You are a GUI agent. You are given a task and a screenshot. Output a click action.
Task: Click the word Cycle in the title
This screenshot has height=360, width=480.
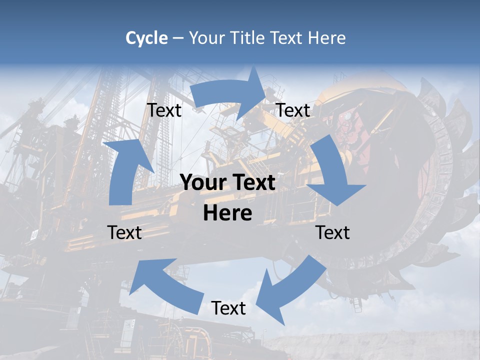coord(146,38)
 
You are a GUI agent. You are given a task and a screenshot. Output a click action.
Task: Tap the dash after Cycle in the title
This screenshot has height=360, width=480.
coord(178,38)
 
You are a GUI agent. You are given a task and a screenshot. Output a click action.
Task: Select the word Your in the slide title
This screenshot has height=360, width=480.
coord(205,38)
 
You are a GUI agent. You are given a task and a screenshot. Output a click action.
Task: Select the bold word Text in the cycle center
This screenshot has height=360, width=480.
coord(253,182)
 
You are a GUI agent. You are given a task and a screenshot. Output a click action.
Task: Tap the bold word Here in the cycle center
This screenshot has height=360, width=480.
coord(227,213)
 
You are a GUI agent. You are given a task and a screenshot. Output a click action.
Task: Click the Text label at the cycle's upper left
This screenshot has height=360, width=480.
coord(164,110)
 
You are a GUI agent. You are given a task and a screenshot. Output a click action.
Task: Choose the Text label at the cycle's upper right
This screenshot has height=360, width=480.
coord(293,110)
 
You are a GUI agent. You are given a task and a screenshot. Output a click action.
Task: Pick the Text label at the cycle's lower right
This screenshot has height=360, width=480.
coord(332,232)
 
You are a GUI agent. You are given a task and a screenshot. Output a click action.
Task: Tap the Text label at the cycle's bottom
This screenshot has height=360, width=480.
coord(228,308)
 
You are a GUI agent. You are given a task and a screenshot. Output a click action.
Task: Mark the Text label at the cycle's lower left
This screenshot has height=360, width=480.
coord(124,232)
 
